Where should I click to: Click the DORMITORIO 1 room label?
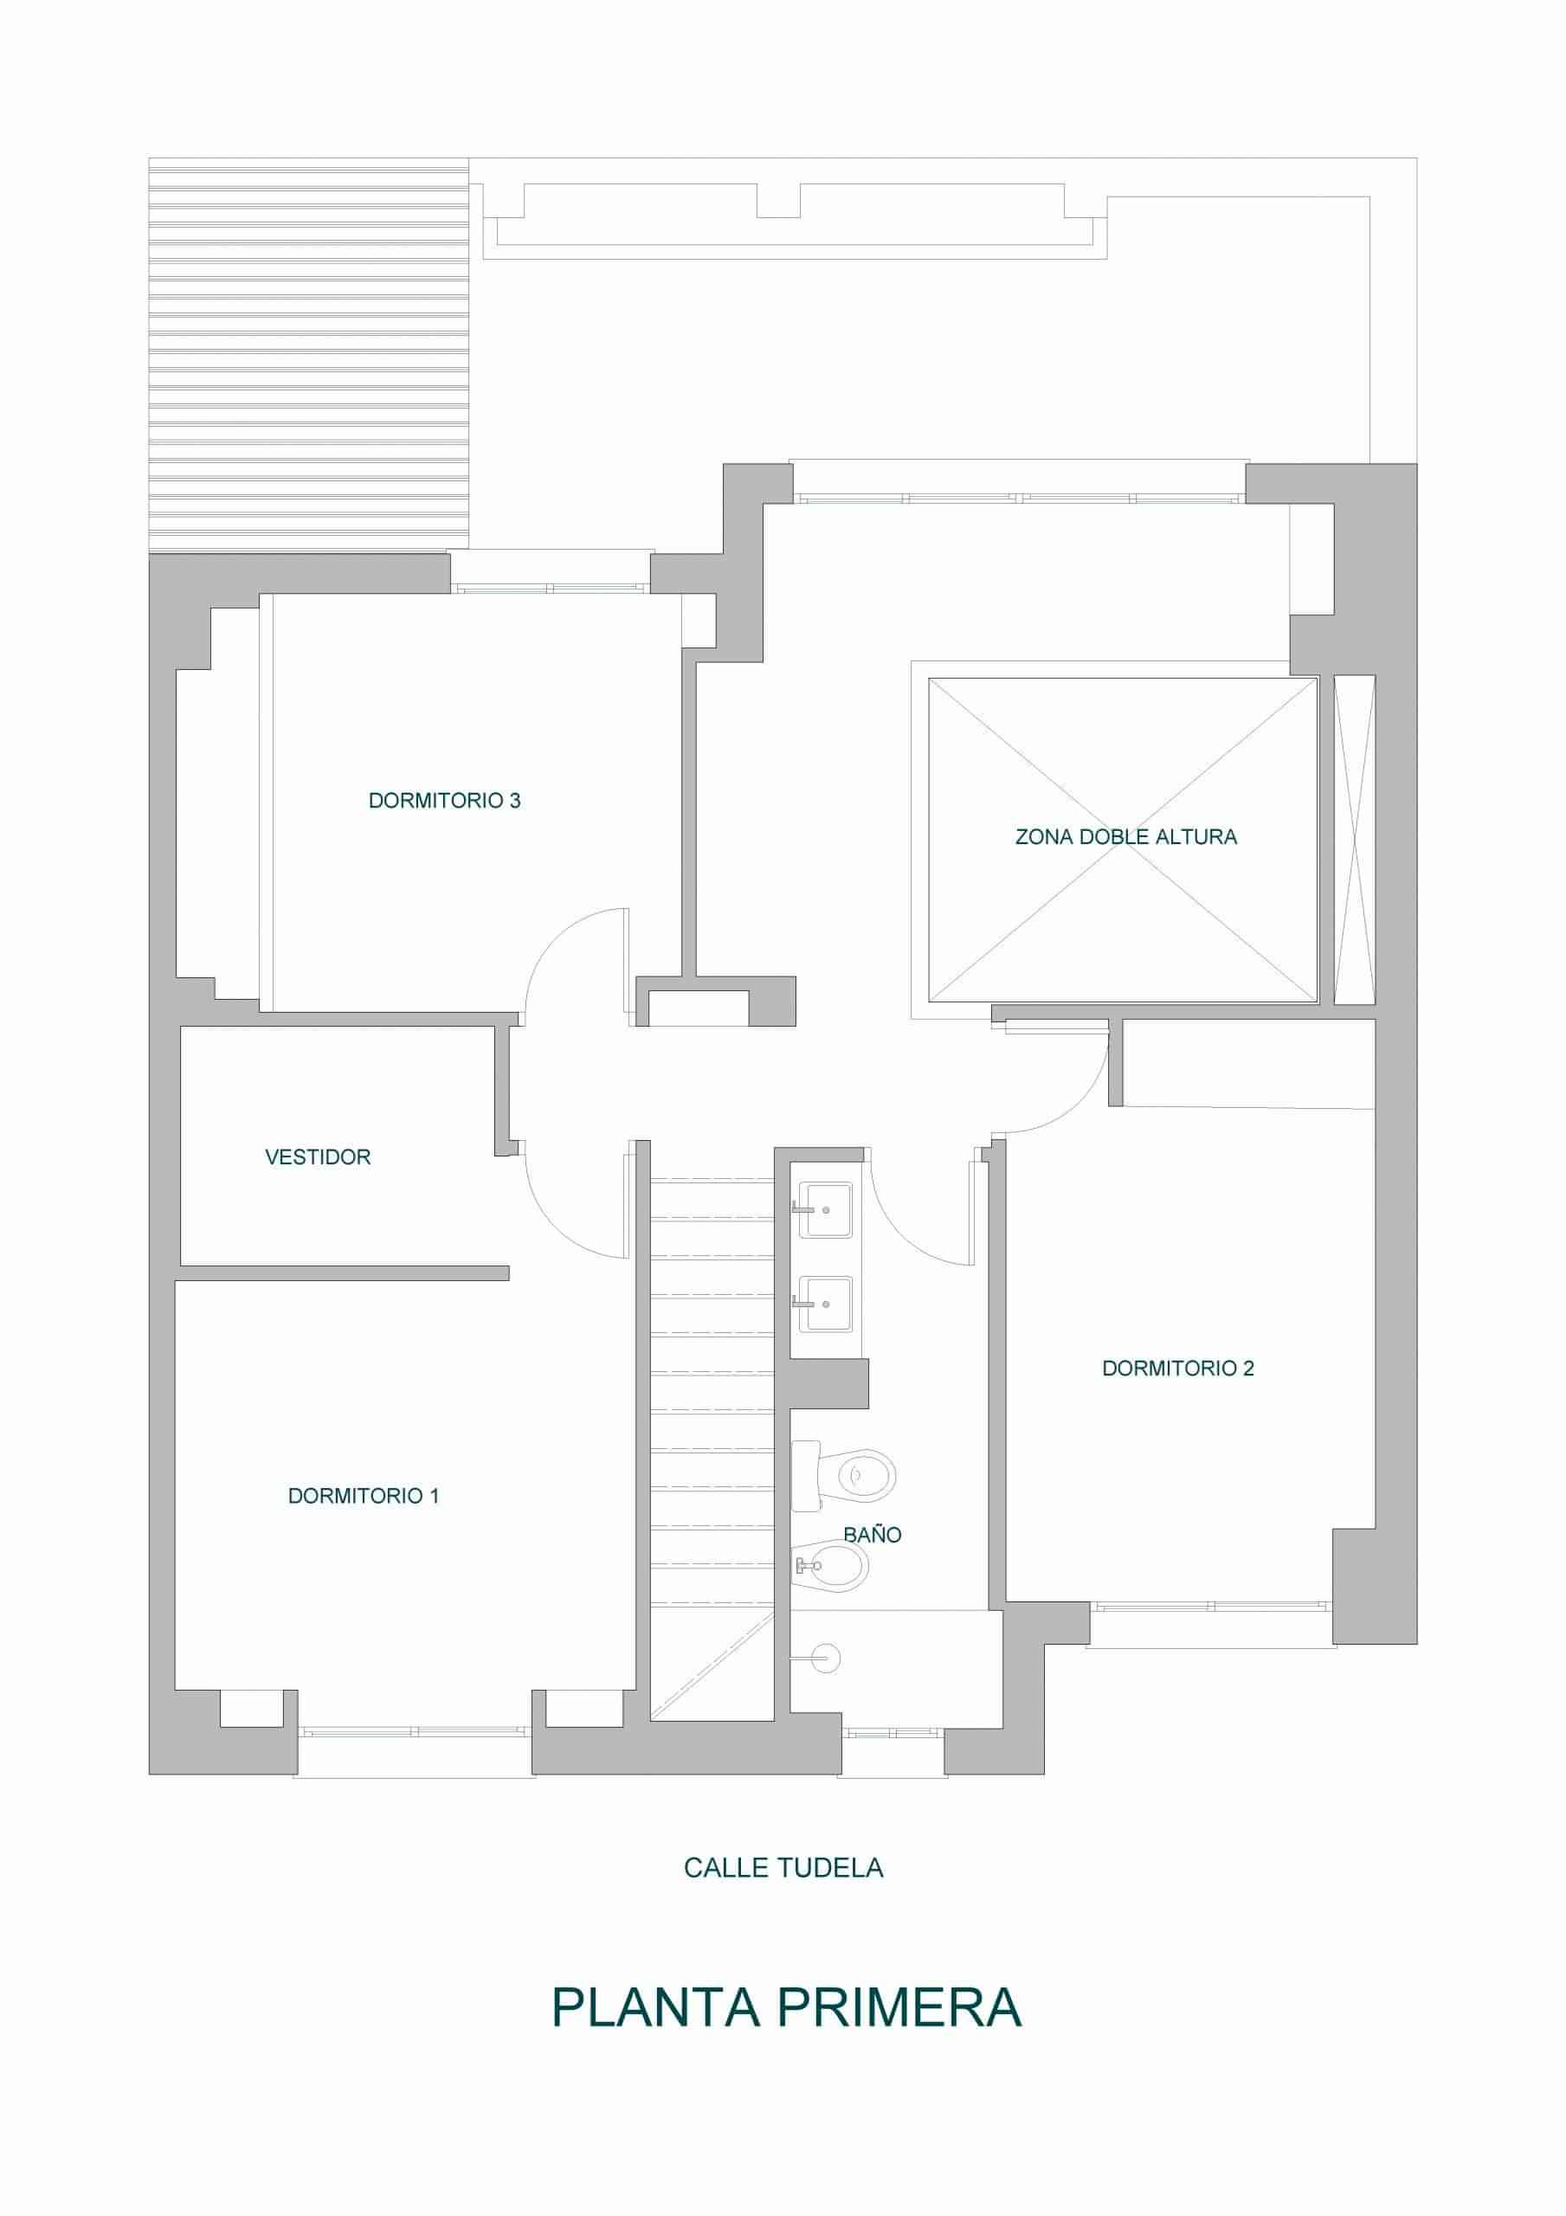363,1496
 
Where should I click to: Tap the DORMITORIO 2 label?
1178,1368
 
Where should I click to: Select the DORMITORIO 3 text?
444,800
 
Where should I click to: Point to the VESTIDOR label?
318,1156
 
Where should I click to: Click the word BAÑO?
872,1535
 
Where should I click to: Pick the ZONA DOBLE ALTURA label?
1125,837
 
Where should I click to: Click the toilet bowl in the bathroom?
844,1476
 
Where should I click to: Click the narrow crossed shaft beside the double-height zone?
1355,840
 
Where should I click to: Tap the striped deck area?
309,355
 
